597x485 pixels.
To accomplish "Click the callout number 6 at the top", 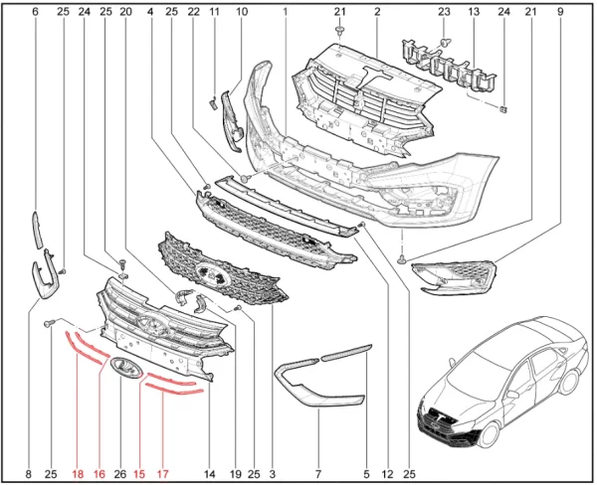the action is (x=36, y=12).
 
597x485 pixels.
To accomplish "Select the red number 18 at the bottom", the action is (x=78, y=474).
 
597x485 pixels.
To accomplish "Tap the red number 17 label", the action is (x=162, y=474).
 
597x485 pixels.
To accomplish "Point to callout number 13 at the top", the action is (x=474, y=12).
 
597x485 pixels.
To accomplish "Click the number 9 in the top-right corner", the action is (x=560, y=12).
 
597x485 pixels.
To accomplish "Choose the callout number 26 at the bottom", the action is (x=120, y=474).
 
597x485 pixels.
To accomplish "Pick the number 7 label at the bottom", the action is (x=318, y=474).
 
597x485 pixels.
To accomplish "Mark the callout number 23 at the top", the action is (x=444, y=12).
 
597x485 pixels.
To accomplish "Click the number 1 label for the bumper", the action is (x=285, y=12).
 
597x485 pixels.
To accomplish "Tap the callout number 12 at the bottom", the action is (x=388, y=474).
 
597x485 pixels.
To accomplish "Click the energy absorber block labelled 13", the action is (x=450, y=67).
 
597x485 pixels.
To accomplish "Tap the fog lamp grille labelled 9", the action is (x=455, y=277).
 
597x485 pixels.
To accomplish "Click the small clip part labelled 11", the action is (x=213, y=102).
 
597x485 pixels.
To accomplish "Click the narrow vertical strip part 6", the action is (x=38, y=231).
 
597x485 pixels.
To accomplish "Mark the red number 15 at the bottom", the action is (x=139, y=474).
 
